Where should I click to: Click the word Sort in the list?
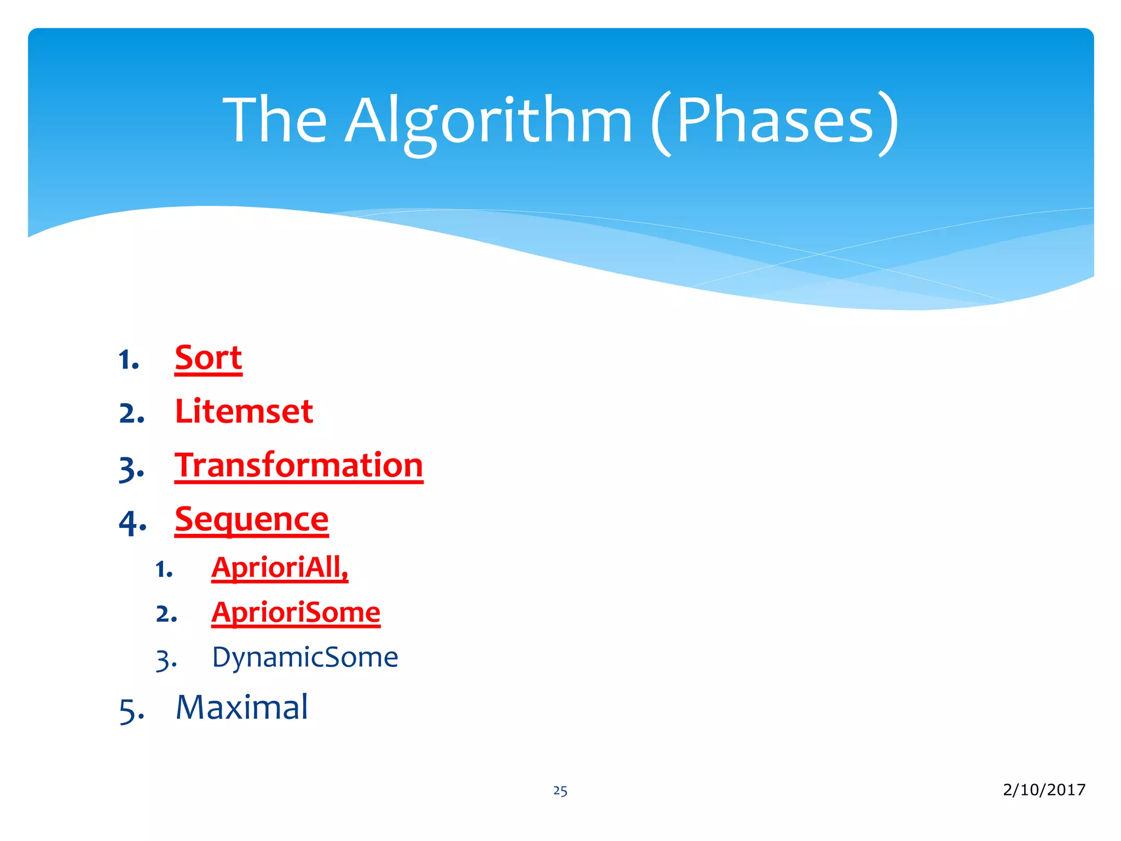point(208,359)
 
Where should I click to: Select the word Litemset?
point(244,412)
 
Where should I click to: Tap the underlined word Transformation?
point(299,465)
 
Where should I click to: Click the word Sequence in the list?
point(251,519)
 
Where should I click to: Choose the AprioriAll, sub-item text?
point(280,567)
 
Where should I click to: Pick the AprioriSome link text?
point(296,612)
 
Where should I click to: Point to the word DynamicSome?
point(305,657)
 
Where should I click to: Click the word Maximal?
point(241,707)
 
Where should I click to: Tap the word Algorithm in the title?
point(488,120)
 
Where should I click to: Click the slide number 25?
point(560,791)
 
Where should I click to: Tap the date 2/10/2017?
point(1044,790)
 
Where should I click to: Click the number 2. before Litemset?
point(132,414)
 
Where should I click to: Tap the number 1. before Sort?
point(129,361)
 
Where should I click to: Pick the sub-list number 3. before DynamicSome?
point(166,660)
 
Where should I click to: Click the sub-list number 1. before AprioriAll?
point(164,570)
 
